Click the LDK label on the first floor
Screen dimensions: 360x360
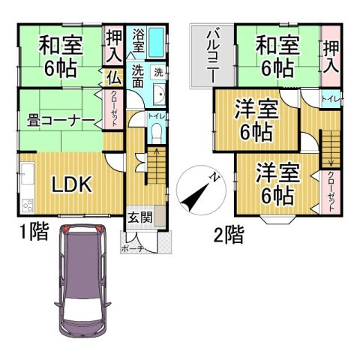click(72, 184)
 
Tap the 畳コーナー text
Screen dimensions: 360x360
click(60, 121)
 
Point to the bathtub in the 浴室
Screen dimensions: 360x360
click(156, 40)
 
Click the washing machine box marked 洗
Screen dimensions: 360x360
click(158, 73)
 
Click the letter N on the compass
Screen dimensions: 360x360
click(214, 178)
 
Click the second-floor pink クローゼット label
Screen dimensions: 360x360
click(331, 190)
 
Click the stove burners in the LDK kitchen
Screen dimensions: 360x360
click(27, 205)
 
